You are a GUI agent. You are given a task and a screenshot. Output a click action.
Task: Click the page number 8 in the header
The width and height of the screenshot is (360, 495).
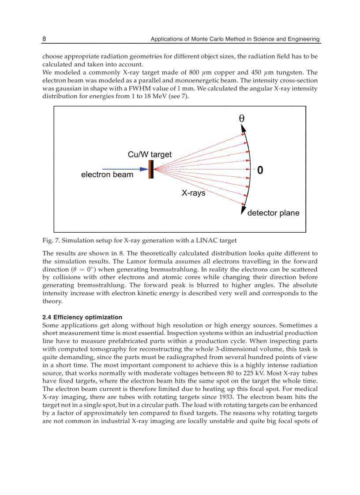tap(44, 39)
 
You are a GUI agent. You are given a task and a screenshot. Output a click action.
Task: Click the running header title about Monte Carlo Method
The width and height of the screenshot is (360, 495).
tap(235, 39)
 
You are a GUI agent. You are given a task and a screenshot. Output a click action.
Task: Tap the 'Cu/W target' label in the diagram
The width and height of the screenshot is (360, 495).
tap(150, 154)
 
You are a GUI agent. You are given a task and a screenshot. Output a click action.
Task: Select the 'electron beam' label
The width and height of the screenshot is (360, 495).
tap(107, 175)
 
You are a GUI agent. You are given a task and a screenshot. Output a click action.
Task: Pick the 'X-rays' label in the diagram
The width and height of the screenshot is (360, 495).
tap(194, 193)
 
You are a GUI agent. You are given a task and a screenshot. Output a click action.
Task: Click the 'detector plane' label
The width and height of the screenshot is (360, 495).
tap(273, 213)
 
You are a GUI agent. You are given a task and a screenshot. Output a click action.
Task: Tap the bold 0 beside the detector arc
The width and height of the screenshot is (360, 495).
tap(260, 170)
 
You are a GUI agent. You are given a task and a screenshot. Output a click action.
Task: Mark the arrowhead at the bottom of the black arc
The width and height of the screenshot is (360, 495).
tap(243, 211)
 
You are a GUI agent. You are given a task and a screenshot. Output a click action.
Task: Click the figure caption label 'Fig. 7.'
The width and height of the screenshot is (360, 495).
tap(51, 240)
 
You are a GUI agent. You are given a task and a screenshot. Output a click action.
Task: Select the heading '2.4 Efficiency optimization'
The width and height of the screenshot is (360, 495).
tap(82, 317)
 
